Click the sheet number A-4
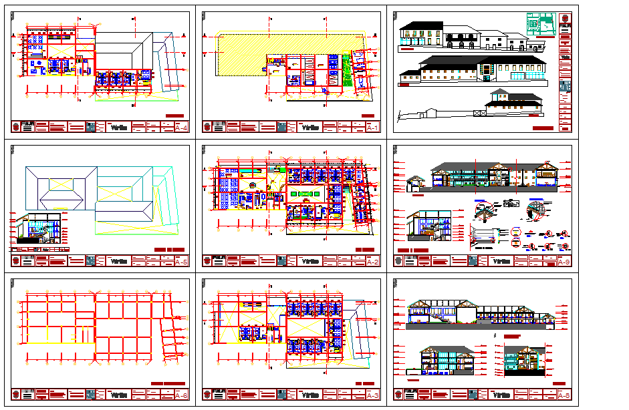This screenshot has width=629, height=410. click(x=180, y=127)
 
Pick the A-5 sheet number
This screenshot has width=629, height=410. click(x=180, y=261)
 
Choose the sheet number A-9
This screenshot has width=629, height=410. click(x=563, y=261)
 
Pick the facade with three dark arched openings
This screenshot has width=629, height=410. click(x=462, y=44)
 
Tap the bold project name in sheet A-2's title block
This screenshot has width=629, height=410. click(x=311, y=261)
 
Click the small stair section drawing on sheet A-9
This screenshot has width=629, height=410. click(x=428, y=226)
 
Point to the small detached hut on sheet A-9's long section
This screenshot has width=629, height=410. click(x=416, y=182)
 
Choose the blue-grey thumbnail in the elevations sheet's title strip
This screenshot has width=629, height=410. click(x=565, y=85)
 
